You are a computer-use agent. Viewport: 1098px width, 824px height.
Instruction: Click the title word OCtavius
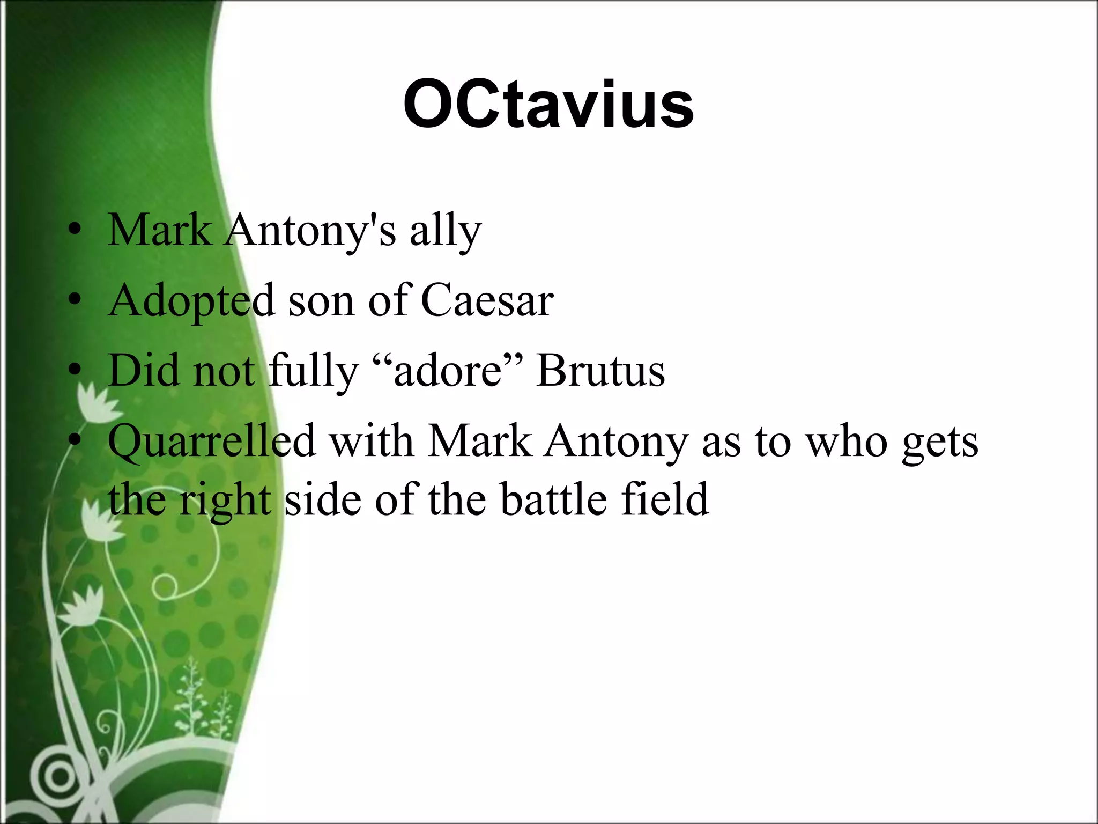pos(548,105)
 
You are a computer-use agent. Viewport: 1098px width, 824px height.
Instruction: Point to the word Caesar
pos(487,300)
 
